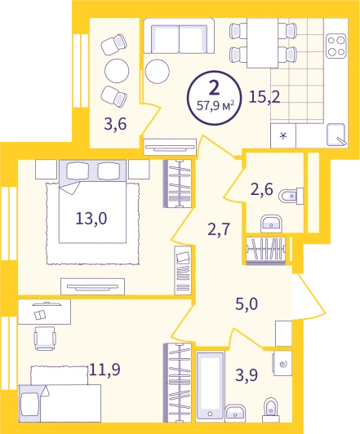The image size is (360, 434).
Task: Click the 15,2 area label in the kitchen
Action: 264,96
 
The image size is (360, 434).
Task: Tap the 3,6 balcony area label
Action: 115,124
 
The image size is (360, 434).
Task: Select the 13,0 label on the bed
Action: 91,219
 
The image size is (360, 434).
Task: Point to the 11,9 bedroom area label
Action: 104,369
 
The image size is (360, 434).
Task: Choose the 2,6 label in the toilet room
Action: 262,190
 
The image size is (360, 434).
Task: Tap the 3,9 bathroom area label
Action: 247,375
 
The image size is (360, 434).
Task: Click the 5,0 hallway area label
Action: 247,304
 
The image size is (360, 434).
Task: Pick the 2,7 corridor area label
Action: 219,229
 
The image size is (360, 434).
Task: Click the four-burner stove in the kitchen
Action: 336,46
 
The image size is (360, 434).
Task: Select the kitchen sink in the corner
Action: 336,135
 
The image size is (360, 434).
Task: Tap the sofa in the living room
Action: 179,36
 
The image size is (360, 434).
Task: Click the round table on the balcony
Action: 117,71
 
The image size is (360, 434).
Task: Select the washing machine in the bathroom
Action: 282,364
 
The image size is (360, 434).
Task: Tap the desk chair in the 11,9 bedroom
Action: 45,339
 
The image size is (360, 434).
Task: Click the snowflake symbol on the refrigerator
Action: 283,135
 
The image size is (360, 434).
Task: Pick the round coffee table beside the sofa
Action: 157,71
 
